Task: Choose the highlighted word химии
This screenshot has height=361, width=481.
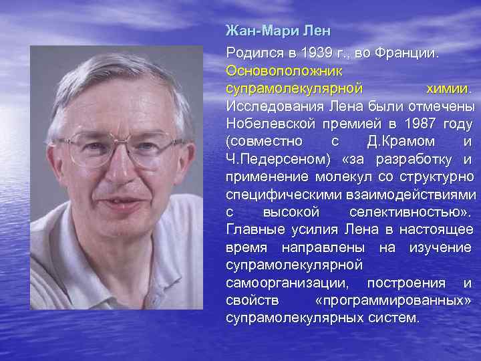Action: pos(448,88)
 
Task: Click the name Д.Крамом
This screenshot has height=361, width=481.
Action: pos(402,142)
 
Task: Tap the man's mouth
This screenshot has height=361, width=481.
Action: pos(114,200)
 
